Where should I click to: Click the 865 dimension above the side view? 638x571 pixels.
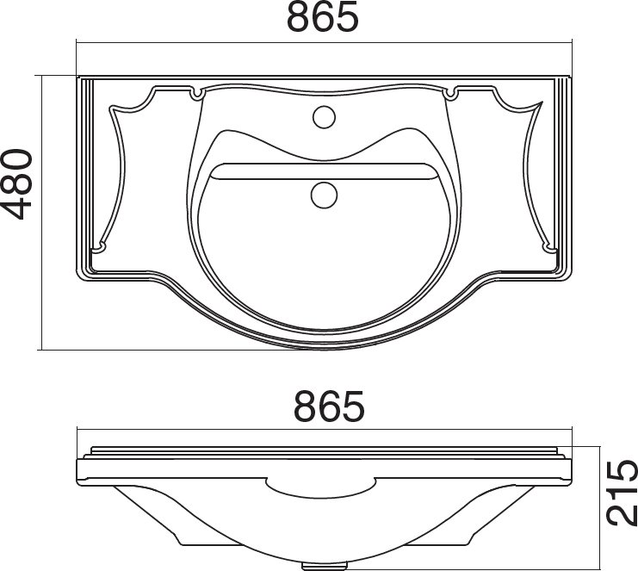[x=330, y=406]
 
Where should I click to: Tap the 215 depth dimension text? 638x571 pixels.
[x=621, y=491]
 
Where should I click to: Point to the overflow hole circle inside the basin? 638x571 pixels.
[x=323, y=194]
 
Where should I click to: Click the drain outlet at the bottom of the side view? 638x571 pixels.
[x=325, y=566]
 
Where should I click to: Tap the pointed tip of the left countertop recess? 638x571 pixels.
[x=113, y=108]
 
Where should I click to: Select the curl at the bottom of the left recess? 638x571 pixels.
[x=97, y=248]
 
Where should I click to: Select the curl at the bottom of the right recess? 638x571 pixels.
[x=551, y=248]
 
